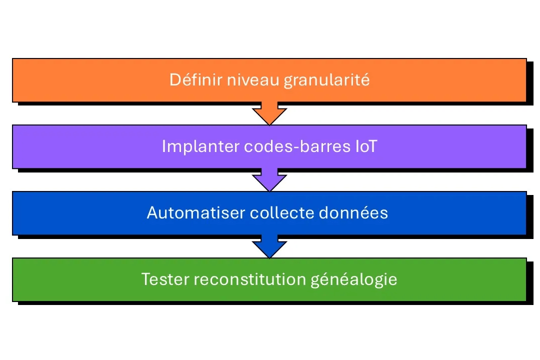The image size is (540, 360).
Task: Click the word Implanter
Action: (200, 146)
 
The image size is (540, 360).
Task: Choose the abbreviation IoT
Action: (368, 146)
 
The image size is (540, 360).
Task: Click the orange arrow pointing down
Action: (269, 113)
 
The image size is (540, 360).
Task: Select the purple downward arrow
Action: (269, 180)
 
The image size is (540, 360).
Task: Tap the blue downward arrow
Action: (269, 246)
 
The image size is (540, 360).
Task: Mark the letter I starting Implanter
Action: (164, 146)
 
